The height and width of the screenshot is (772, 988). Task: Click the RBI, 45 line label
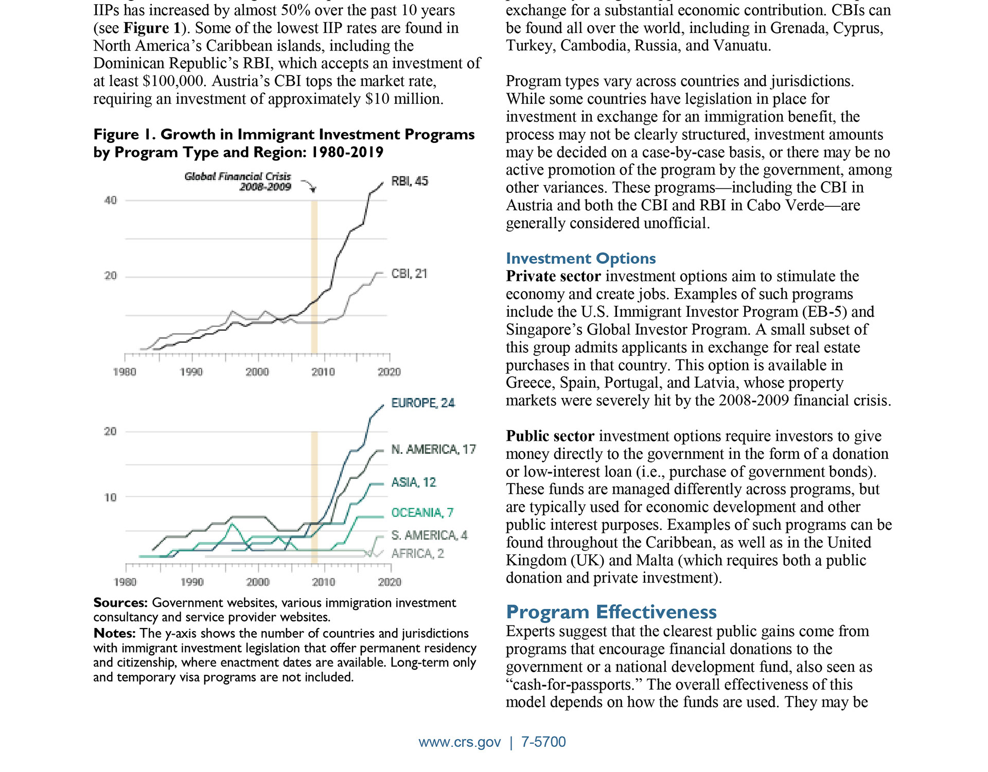coord(410,181)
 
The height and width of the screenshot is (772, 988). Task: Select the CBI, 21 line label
coord(410,274)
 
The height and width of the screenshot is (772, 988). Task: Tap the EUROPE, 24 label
coord(423,403)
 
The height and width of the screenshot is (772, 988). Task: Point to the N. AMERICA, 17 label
coord(434,450)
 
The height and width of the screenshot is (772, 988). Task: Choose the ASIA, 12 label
coord(414,482)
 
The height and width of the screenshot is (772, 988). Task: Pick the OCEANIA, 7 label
coord(422,513)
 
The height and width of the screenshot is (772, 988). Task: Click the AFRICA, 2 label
coord(418,553)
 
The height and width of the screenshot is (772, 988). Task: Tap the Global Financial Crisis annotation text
coord(238,182)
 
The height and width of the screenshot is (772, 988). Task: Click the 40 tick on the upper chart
coord(111,201)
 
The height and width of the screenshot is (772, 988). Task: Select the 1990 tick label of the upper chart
coord(191,372)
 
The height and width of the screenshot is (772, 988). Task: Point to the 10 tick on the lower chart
coord(111,497)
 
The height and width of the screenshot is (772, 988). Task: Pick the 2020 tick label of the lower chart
coord(390,582)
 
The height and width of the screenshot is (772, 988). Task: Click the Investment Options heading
coord(581,258)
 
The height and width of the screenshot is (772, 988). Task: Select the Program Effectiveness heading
coord(611,612)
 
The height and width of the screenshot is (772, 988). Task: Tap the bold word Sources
coord(121,603)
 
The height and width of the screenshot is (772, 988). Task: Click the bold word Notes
coord(115,633)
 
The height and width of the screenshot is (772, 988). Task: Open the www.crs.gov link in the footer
coord(460,742)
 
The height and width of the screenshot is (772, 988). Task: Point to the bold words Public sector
coord(550,436)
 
